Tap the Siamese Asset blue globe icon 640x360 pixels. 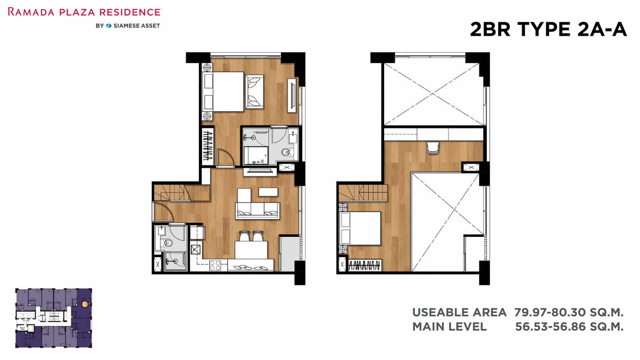(x=109, y=26)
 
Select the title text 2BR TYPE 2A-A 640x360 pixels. (x=548, y=29)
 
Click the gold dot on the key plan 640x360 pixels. (x=85, y=305)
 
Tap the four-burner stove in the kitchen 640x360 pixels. (x=215, y=266)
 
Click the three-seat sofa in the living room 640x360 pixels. (x=257, y=210)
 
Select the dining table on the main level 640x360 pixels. (x=251, y=250)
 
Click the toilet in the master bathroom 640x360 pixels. (x=286, y=152)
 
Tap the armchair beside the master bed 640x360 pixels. (x=254, y=92)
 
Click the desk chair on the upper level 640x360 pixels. (x=433, y=148)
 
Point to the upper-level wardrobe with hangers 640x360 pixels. (x=365, y=266)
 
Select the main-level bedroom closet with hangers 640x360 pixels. (x=207, y=146)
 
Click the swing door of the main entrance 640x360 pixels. (x=163, y=212)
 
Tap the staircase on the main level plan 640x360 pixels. (x=182, y=193)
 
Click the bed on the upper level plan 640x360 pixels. (x=360, y=228)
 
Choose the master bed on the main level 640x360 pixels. (x=223, y=91)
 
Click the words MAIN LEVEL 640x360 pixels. (x=450, y=326)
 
